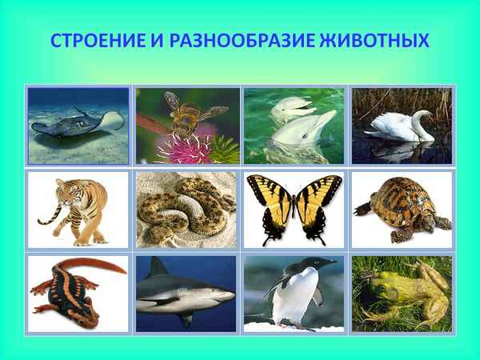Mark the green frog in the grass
click(x=400, y=291)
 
